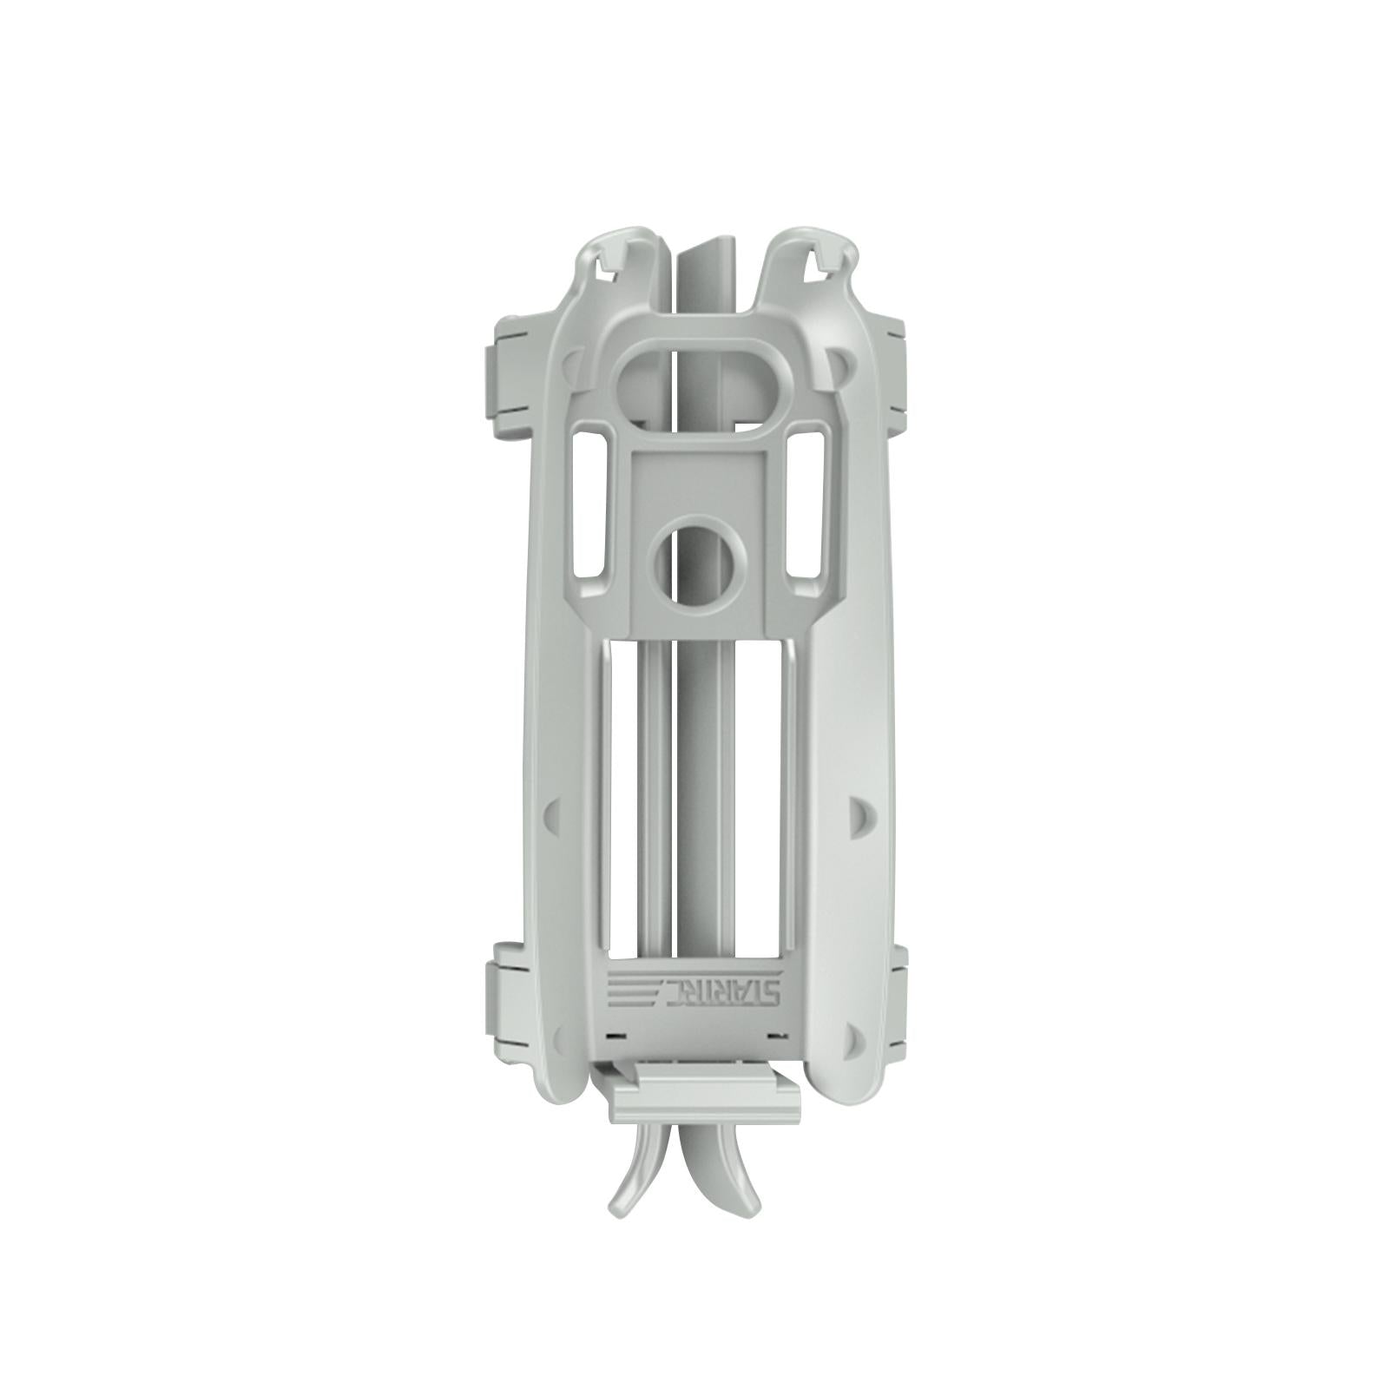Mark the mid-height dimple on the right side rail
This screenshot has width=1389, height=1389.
pyautogui.click(x=855, y=812)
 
